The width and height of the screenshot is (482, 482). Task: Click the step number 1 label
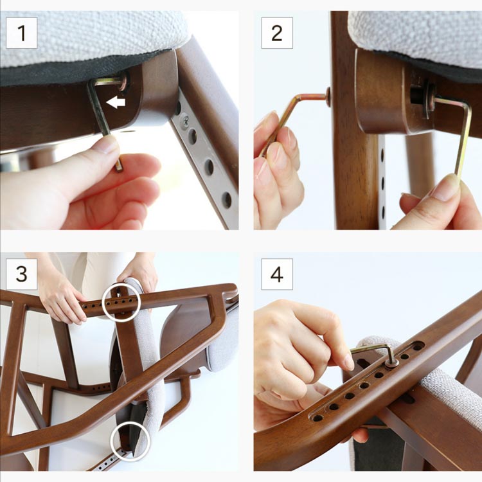point(21,33)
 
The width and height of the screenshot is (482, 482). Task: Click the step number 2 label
point(277,33)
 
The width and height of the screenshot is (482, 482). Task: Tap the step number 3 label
point(21,274)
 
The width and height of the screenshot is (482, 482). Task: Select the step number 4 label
point(277,274)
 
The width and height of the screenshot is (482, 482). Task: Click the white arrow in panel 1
point(116,102)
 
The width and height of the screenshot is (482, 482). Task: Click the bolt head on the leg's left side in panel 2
point(328,96)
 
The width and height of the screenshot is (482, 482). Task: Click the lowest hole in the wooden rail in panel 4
point(317,418)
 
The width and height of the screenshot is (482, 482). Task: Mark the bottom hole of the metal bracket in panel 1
point(227,199)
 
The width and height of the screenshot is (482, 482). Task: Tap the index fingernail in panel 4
point(349,362)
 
